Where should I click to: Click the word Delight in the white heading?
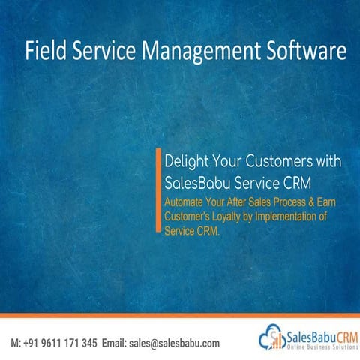point(184,161)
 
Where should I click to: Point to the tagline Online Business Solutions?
point(316,348)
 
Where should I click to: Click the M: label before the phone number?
point(15,343)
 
